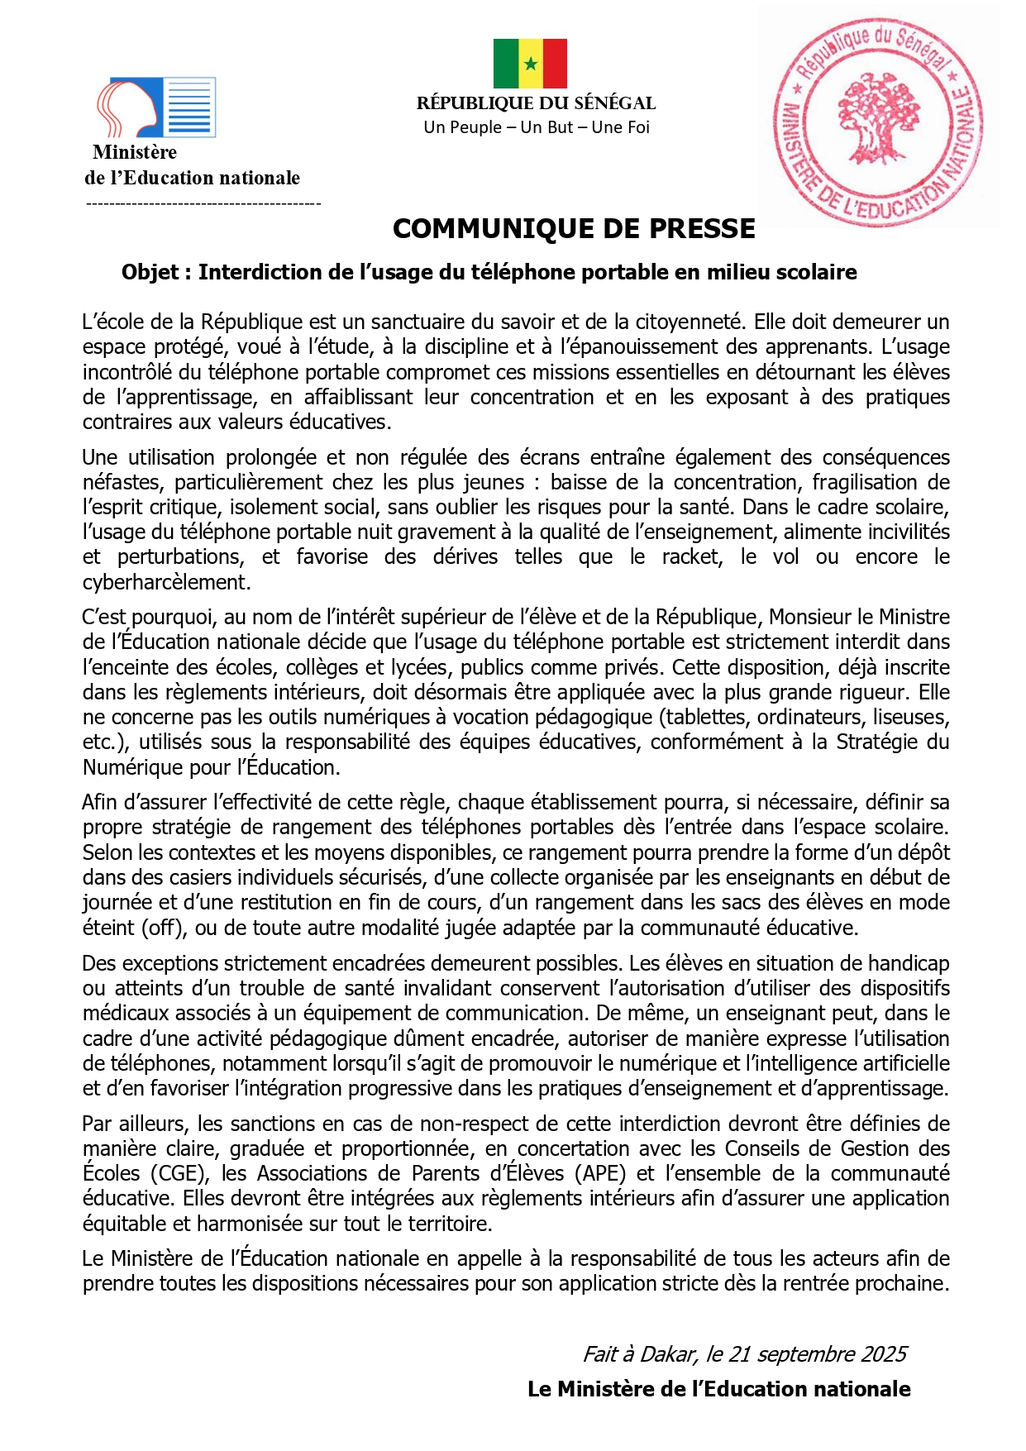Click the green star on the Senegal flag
530,64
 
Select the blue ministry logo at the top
157,107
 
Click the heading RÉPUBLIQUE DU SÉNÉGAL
536,103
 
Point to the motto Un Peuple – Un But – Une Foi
536,127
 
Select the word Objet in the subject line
150,272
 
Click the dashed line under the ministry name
203,203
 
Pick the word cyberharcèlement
165,582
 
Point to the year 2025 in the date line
884,1354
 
